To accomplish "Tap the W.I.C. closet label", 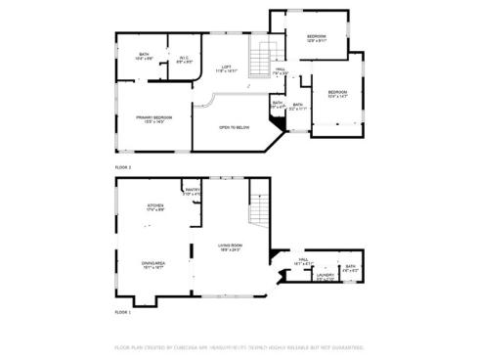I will tap(183, 60).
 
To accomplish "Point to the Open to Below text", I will tap(234, 127).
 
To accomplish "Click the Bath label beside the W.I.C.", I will tap(144, 57).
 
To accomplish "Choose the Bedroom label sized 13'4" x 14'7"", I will tap(337, 94).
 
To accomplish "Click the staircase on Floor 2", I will tap(260, 59).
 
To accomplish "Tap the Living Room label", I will tap(230, 247).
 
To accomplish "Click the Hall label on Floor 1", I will tap(302, 261).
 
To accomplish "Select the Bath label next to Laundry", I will tap(349, 268).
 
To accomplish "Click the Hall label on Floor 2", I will tap(280, 70).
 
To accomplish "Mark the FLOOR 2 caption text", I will tap(123, 168).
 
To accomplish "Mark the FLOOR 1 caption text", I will tap(123, 311).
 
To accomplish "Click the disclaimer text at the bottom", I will tap(239, 346).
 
